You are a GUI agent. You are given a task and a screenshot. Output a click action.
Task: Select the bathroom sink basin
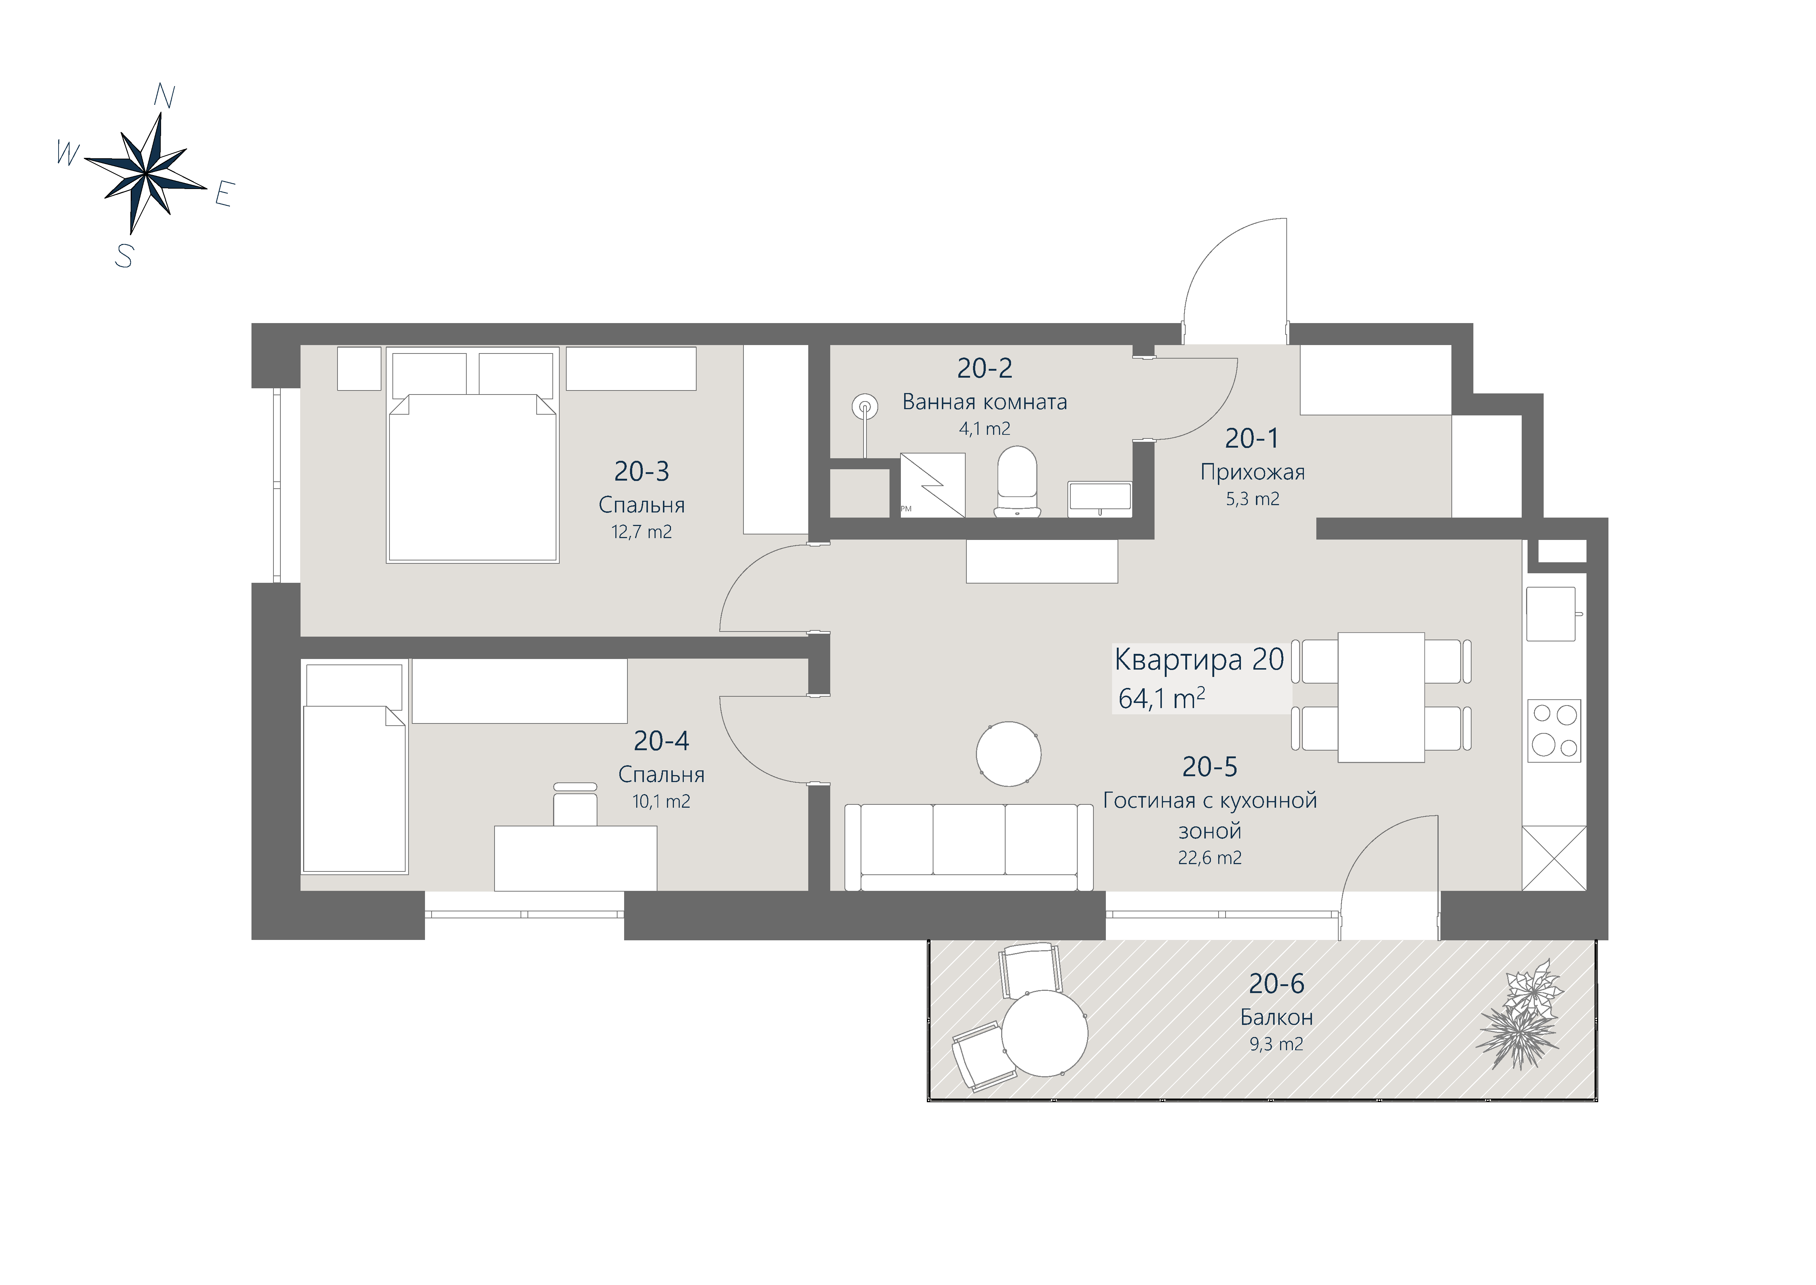tap(1099, 499)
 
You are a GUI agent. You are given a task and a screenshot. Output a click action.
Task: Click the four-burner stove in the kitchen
tap(1554, 730)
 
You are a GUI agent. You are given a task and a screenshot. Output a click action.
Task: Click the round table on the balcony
tap(1045, 1033)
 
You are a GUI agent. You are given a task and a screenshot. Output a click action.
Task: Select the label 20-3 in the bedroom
tap(641, 471)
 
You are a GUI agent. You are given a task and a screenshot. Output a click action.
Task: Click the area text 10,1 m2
tap(661, 801)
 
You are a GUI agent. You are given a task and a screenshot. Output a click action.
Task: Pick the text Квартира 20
tap(1199, 660)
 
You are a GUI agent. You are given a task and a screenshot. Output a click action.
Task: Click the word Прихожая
tap(1252, 473)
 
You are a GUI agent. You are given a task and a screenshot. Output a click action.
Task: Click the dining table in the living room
tap(1381, 697)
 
